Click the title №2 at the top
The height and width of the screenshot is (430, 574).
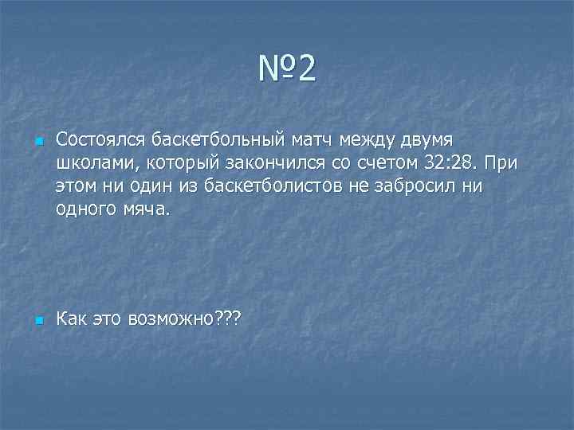pos(287,68)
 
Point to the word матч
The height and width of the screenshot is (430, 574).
pos(312,140)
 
